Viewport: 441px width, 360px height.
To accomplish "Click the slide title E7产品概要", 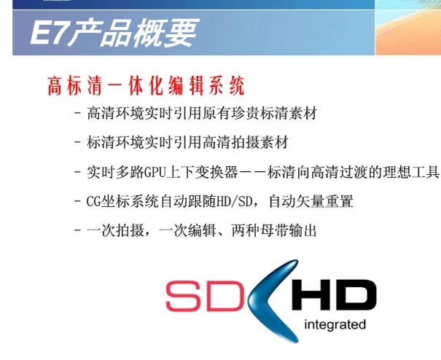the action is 114,33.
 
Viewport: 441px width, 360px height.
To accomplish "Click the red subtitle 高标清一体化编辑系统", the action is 146,86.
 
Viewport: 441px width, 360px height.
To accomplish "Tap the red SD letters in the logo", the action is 205,296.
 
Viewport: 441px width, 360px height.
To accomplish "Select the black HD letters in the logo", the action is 333,294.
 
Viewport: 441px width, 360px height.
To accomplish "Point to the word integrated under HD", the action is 335,324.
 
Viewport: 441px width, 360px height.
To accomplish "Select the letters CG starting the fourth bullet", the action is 93,201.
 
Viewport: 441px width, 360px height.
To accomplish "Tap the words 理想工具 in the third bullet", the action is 411,172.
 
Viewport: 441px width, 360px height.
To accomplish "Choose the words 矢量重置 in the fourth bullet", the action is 325,201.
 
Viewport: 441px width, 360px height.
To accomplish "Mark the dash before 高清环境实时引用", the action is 77,114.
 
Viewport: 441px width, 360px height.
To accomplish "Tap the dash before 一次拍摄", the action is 77,231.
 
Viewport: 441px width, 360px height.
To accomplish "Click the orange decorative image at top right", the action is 407,28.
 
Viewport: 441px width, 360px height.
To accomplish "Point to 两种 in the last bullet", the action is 246,231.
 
